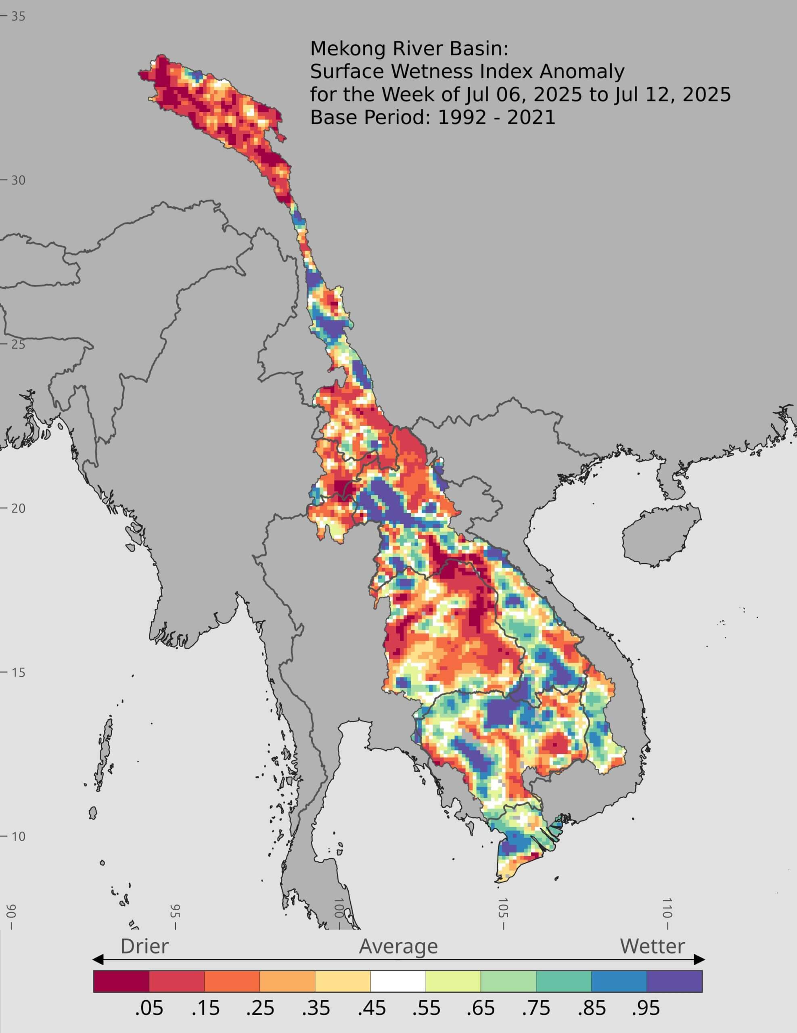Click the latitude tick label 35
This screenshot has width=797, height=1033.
click(x=18, y=17)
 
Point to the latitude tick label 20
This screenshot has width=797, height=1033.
click(x=18, y=508)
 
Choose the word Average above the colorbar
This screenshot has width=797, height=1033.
click(x=398, y=946)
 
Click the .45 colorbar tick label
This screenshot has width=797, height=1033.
click(x=371, y=1006)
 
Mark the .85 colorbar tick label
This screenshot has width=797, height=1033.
click(x=592, y=1006)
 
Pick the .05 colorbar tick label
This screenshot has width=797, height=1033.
click(x=149, y=1006)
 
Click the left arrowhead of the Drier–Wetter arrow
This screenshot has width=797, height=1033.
click(x=97, y=960)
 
